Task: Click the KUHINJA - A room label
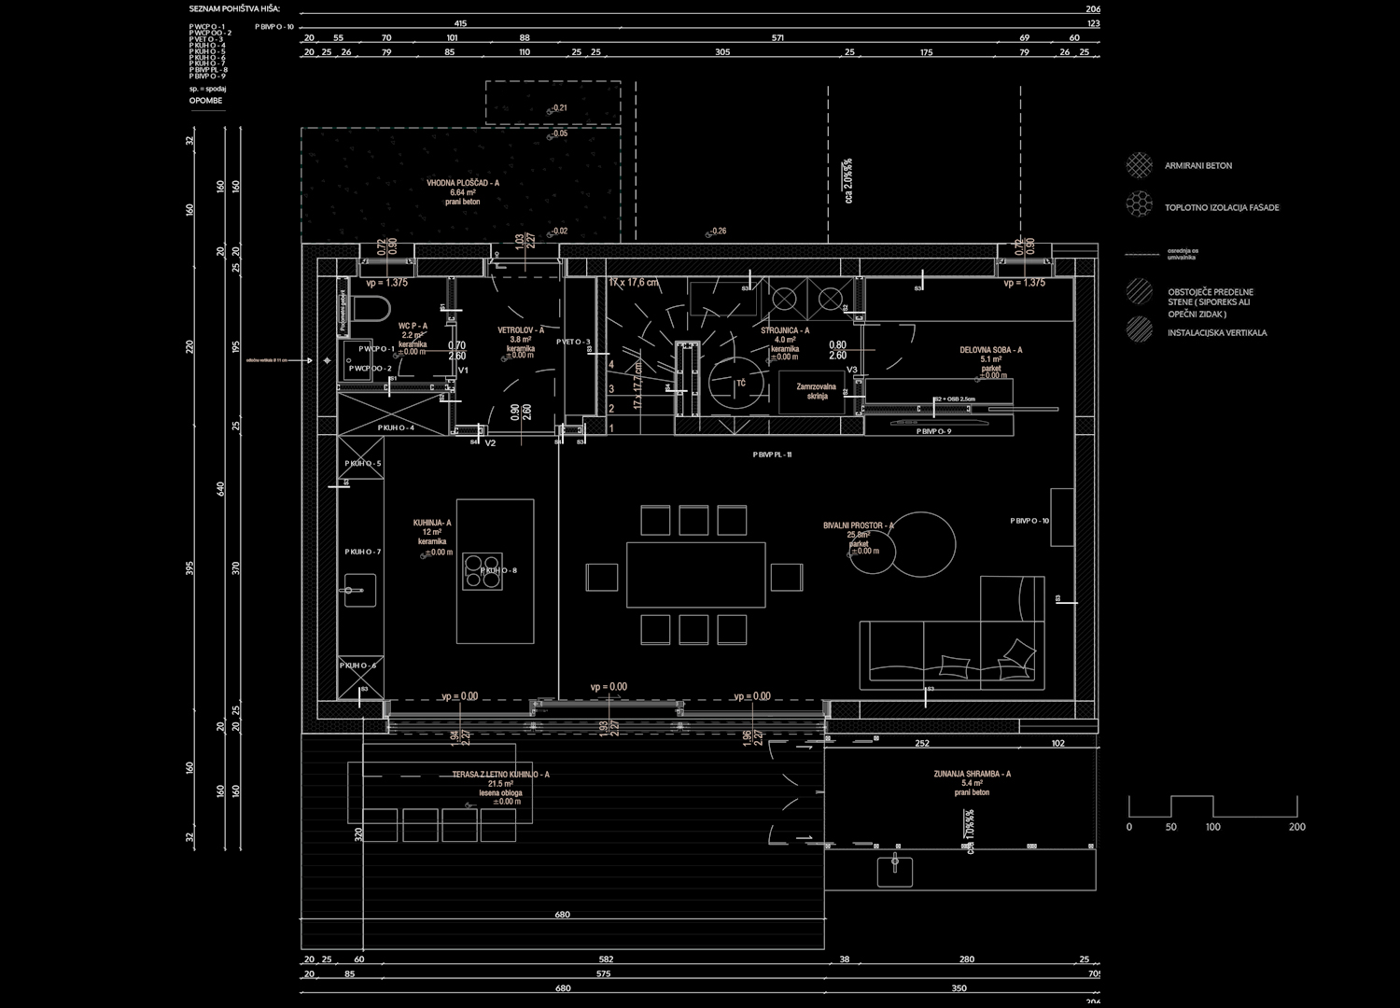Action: pyautogui.click(x=432, y=524)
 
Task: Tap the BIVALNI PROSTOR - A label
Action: pyautogui.click(x=858, y=526)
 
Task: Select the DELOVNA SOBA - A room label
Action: pyautogui.click(x=990, y=350)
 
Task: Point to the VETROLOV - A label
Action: pyautogui.click(x=520, y=330)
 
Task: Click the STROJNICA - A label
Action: pyautogui.click(x=784, y=330)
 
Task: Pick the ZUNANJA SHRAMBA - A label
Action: pyautogui.click(x=972, y=774)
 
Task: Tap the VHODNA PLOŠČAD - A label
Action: pyautogui.click(x=462, y=184)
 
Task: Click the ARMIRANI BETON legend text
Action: pyautogui.click(x=1197, y=166)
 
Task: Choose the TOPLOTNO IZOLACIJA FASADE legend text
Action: pyautogui.click(x=1221, y=207)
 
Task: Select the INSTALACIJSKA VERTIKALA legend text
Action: pyautogui.click(x=1216, y=332)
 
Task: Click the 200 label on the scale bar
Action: pyautogui.click(x=1296, y=827)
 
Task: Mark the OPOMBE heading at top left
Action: pyautogui.click(x=205, y=100)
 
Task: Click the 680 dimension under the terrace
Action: pyautogui.click(x=562, y=915)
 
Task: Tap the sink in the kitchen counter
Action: pyautogui.click(x=359, y=589)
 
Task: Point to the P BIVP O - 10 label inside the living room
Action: pyautogui.click(x=1029, y=521)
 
